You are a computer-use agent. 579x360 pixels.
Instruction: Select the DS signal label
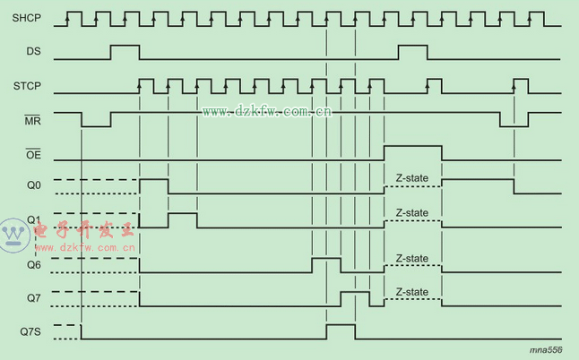[x=32, y=53]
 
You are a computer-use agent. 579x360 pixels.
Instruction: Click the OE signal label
[x=32, y=155]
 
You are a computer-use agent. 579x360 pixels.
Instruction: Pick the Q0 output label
[x=33, y=186]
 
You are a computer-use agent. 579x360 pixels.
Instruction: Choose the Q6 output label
[x=33, y=264]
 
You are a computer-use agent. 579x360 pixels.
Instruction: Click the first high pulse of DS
[x=125, y=51]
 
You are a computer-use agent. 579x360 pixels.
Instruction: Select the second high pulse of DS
[x=412, y=51]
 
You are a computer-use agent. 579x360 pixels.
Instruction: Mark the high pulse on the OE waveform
[x=412, y=152]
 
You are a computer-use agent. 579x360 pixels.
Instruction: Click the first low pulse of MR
[x=96, y=120]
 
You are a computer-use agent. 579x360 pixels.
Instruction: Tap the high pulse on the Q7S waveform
[x=341, y=331]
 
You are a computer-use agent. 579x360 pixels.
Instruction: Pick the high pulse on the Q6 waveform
[x=326, y=264]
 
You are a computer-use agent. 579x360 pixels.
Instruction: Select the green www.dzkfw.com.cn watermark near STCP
[x=266, y=111]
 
